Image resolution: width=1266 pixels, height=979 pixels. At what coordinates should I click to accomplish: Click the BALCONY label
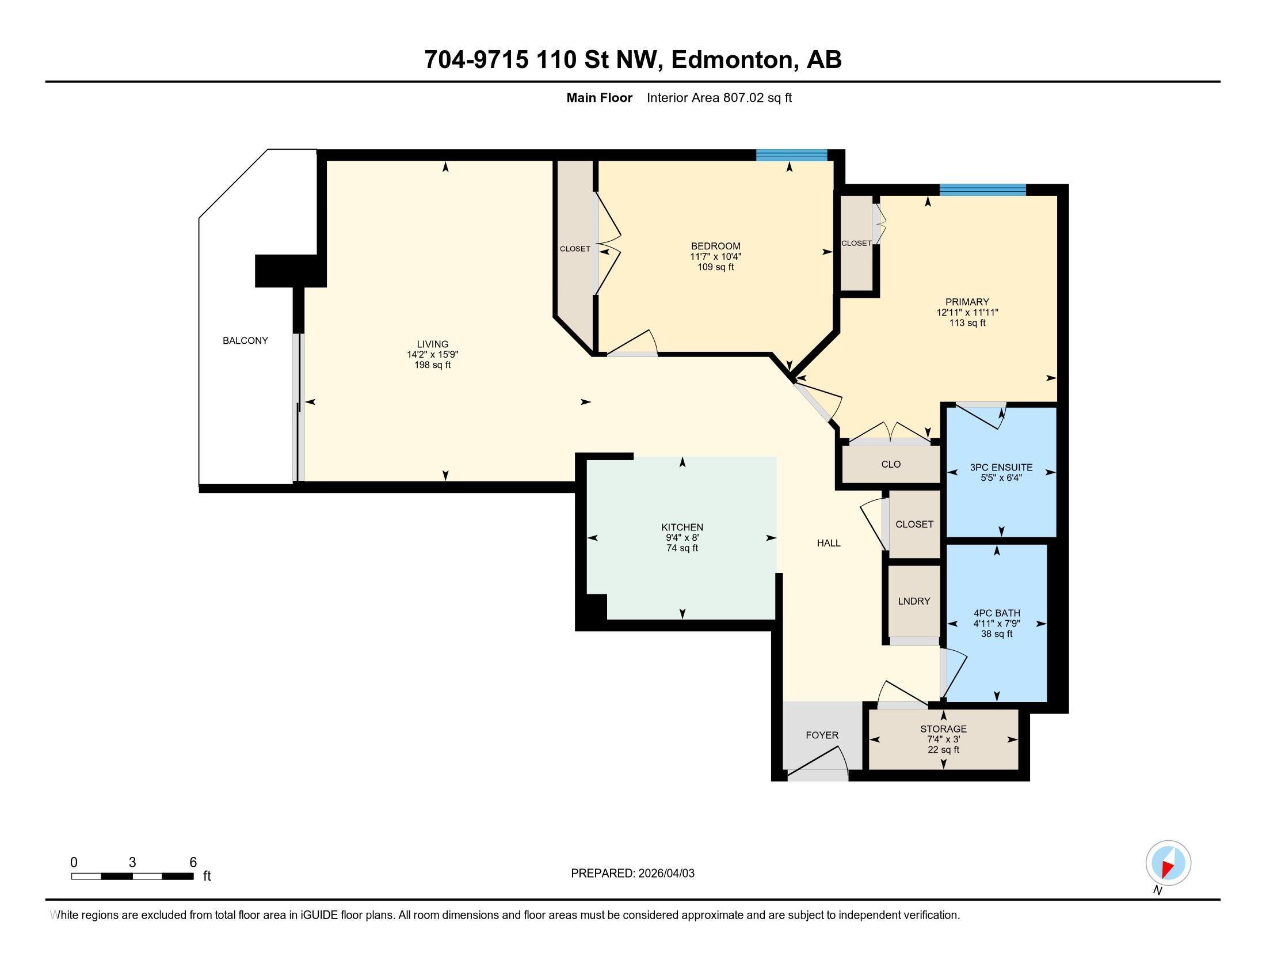(x=245, y=340)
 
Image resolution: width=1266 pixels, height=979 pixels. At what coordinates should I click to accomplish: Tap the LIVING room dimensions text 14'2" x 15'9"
(x=432, y=354)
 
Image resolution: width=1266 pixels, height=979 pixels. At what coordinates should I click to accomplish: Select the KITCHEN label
(x=682, y=527)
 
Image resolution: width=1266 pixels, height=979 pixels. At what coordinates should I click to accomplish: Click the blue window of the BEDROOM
(x=791, y=155)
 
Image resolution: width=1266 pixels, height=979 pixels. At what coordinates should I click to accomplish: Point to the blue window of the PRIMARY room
(x=982, y=189)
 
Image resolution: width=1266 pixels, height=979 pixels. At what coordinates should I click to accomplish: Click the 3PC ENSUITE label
(x=1001, y=468)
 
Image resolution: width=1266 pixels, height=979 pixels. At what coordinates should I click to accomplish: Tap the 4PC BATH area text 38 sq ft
(x=997, y=634)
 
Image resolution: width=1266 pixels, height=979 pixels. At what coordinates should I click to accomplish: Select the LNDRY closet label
(x=914, y=601)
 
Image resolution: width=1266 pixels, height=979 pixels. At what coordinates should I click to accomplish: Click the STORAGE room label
(x=943, y=729)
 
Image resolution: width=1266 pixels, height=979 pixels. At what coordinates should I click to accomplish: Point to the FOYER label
(x=822, y=735)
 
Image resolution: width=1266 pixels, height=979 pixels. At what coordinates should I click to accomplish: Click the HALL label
(x=828, y=543)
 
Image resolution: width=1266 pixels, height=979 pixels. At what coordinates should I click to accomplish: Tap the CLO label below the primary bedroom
(x=891, y=464)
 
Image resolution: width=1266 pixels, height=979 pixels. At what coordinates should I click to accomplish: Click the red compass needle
(x=1168, y=868)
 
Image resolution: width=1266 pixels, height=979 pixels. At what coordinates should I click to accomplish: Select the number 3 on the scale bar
(x=132, y=863)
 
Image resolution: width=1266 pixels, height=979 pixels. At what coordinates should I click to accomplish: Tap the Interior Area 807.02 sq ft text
(x=719, y=98)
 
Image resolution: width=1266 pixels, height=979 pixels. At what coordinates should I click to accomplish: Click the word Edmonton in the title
(x=732, y=60)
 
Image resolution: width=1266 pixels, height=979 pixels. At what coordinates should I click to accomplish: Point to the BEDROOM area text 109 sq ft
(x=715, y=267)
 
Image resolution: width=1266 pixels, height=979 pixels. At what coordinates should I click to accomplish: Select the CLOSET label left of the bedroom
(x=575, y=249)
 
